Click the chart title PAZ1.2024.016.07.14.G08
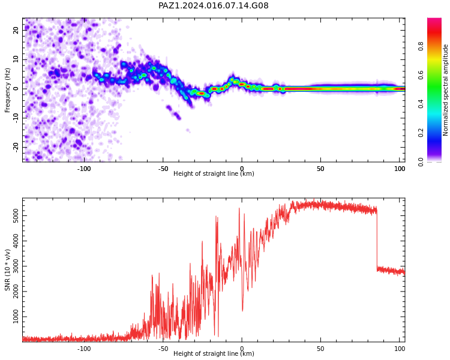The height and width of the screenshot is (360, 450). pyautogui.click(x=213, y=5)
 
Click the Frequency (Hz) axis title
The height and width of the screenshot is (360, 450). pyautogui.click(x=7, y=90)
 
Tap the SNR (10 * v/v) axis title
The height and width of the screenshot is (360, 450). pyautogui.click(x=7, y=270)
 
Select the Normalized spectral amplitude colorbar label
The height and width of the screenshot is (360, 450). pyautogui.click(x=445, y=90)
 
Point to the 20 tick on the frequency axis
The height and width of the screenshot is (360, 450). pyautogui.click(x=16, y=30)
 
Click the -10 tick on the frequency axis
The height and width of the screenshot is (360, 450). pyautogui.click(x=16, y=118)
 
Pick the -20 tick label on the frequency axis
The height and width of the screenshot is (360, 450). pyautogui.click(x=16, y=147)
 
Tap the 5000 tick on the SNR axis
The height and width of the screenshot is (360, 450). pyautogui.click(x=16, y=215)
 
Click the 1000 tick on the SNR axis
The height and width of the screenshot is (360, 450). pyautogui.click(x=16, y=317)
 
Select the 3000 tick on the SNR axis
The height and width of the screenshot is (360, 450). pyautogui.click(x=16, y=266)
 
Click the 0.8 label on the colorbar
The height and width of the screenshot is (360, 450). pyautogui.click(x=421, y=46)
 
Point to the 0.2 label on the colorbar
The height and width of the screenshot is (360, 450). pyautogui.click(x=421, y=133)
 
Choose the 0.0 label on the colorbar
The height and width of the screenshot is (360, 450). pyautogui.click(x=421, y=162)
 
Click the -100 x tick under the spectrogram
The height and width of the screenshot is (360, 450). pyautogui.click(x=84, y=169)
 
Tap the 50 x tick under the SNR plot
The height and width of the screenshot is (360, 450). pyautogui.click(x=320, y=349)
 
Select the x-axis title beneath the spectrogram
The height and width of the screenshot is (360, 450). pyautogui.click(x=214, y=173)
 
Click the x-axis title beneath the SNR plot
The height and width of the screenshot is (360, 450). pyautogui.click(x=214, y=353)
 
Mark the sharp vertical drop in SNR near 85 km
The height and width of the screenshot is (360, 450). pyautogui.click(x=377, y=240)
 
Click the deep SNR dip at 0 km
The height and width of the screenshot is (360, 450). pyautogui.click(x=242, y=310)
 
